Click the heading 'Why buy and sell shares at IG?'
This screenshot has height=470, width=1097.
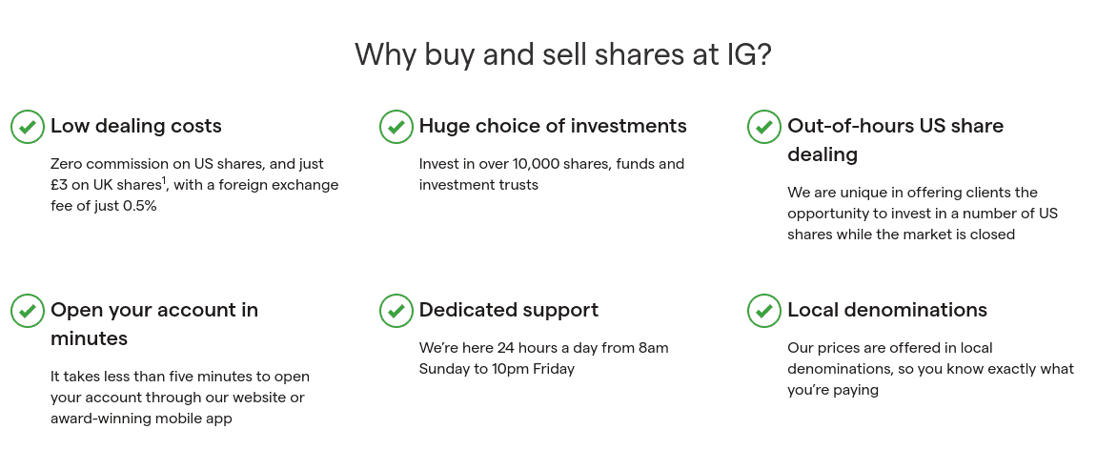(x=562, y=54)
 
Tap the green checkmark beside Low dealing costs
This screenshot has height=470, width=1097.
(x=28, y=127)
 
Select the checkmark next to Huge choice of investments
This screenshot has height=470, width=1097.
(x=396, y=127)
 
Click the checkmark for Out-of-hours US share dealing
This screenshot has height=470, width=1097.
(x=764, y=127)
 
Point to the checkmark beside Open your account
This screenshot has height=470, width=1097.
(x=28, y=311)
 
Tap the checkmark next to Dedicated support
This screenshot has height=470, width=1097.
(x=396, y=311)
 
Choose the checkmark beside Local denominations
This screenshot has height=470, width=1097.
(x=764, y=311)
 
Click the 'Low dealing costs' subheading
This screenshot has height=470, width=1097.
(x=135, y=126)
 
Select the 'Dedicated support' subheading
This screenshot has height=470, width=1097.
(x=509, y=310)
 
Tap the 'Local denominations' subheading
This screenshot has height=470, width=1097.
(x=887, y=310)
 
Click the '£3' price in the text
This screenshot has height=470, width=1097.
(x=59, y=185)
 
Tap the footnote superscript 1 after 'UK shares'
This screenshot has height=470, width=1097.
(x=165, y=181)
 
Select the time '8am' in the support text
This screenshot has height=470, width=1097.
(x=654, y=348)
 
